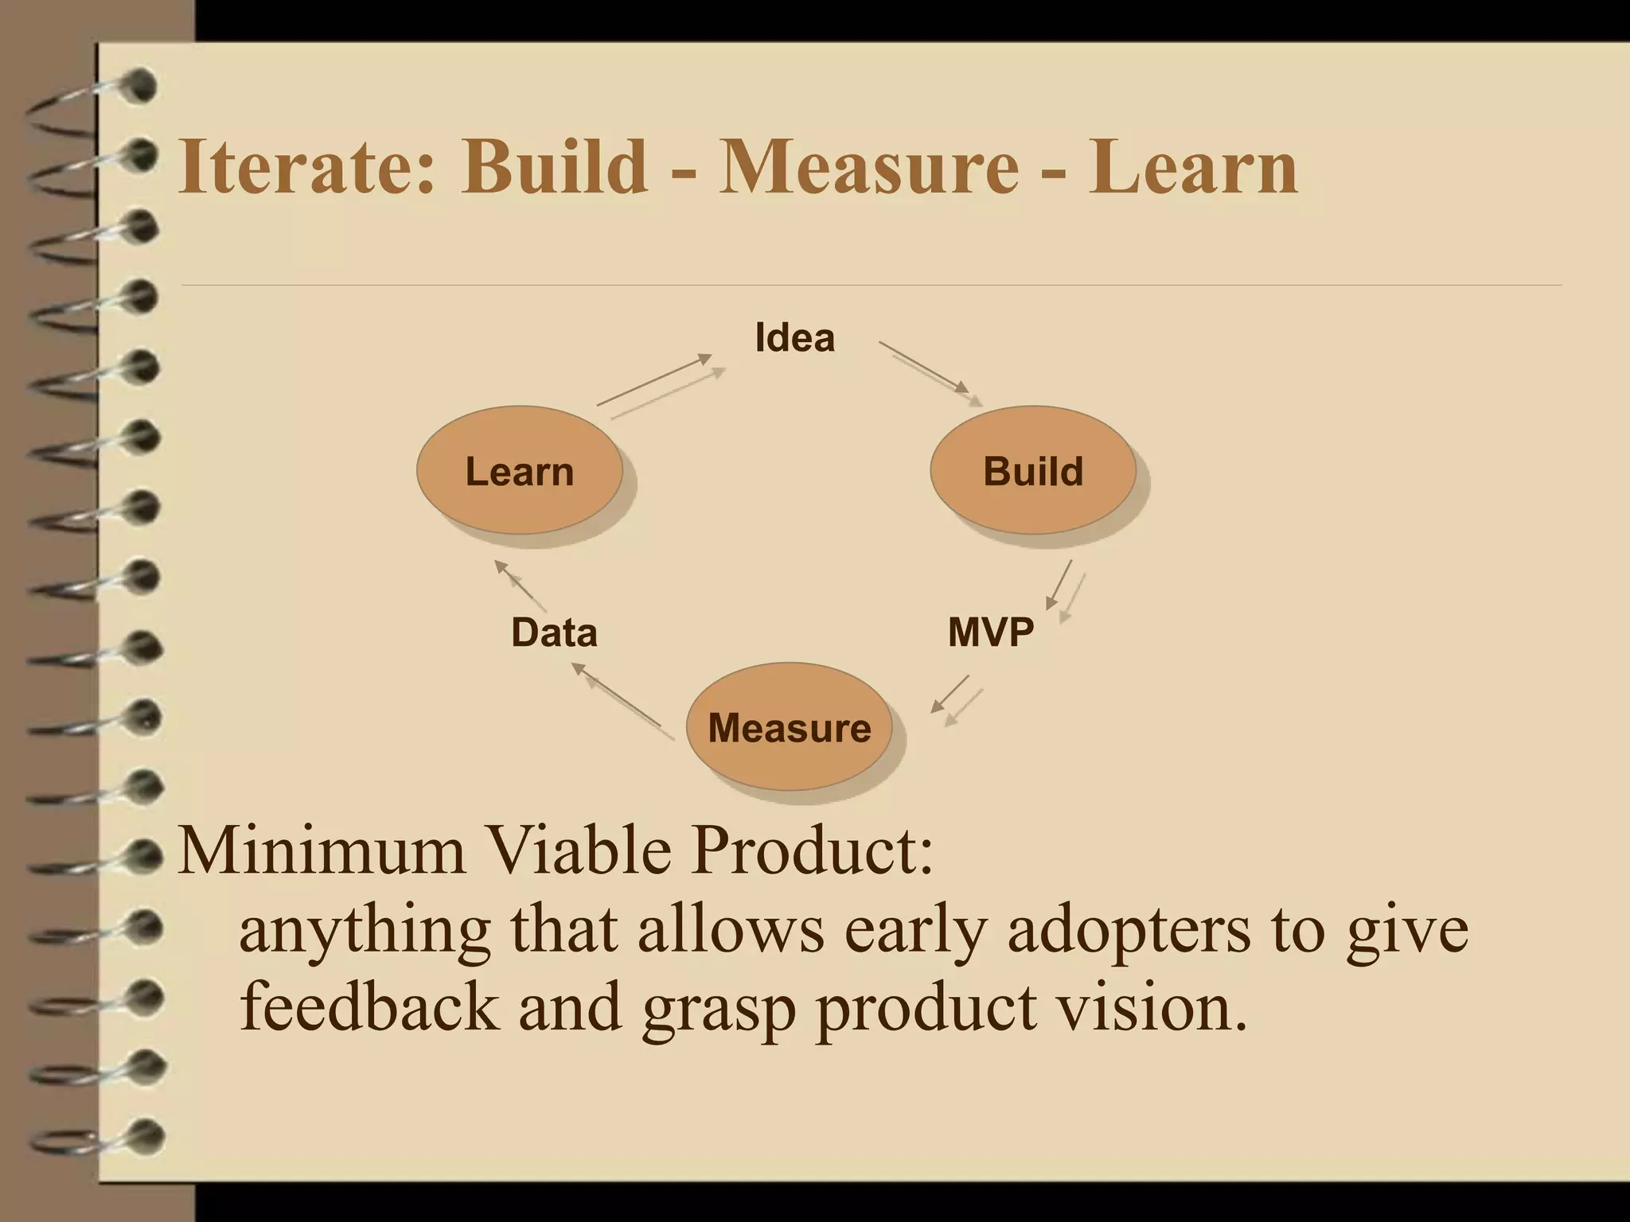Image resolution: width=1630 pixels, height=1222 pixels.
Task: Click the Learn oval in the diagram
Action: coord(519,471)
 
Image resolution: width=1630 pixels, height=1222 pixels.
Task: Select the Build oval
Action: coord(1033,471)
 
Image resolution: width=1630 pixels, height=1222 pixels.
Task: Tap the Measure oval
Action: coord(789,727)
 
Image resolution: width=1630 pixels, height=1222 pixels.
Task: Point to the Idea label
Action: coord(794,337)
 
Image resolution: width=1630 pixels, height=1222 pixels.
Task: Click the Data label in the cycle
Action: coord(554,632)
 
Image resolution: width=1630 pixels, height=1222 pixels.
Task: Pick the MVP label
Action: coord(990,632)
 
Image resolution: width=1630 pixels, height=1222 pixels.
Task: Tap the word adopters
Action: coord(1129,931)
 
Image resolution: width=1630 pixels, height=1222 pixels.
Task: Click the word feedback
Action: coord(369,1006)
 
